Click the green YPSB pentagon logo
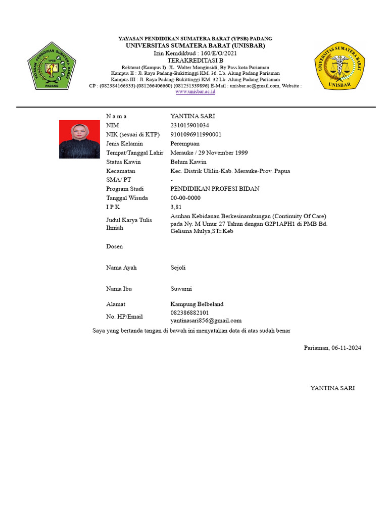point(52,66)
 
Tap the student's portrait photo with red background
point(79,139)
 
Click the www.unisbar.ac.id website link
point(196,92)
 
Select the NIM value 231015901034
point(190,125)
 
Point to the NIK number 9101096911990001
point(196,134)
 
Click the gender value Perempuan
point(187,143)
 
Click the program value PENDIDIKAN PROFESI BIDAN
point(215,189)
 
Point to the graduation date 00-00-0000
point(185,198)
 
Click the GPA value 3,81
point(176,207)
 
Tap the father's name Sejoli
point(178,268)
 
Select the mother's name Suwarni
point(181,289)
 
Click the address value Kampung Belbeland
point(197,304)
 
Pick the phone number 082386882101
point(189,313)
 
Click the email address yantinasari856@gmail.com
point(206,321)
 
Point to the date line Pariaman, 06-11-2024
point(332,348)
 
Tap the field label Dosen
point(114,246)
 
